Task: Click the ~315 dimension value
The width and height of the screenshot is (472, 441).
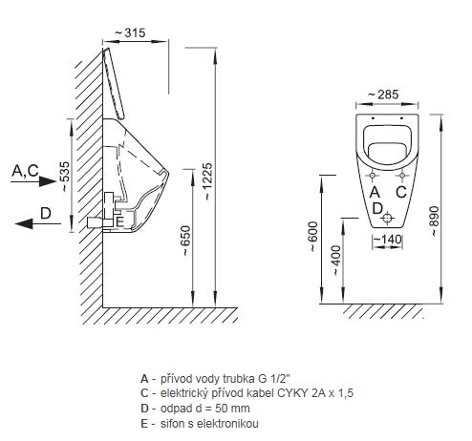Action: (x=130, y=32)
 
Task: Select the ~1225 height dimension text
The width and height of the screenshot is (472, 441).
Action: (x=208, y=181)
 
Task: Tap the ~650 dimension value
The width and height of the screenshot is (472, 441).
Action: (x=185, y=241)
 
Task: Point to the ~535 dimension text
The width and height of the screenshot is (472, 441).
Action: (x=65, y=177)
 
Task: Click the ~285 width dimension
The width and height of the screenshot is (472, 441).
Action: (x=383, y=94)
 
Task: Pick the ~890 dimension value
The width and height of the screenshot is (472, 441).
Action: (x=434, y=220)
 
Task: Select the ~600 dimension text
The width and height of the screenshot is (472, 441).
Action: (x=313, y=237)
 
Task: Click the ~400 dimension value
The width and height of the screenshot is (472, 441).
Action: (x=336, y=260)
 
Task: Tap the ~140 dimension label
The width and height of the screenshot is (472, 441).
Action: (x=387, y=239)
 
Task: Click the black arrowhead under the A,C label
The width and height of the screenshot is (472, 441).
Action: (x=48, y=181)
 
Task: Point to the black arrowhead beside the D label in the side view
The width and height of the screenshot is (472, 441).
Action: (x=24, y=223)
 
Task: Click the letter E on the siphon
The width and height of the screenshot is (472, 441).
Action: (x=119, y=221)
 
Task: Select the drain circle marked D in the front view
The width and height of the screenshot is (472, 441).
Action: (x=387, y=218)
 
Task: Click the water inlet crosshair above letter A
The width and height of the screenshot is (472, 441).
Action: (x=373, y=176)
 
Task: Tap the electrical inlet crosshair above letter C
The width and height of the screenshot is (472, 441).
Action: (x=402, y=176)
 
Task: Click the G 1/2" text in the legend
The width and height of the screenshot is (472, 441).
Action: (x=274, y=379)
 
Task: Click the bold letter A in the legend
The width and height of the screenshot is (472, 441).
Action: (x=144, y=379)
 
